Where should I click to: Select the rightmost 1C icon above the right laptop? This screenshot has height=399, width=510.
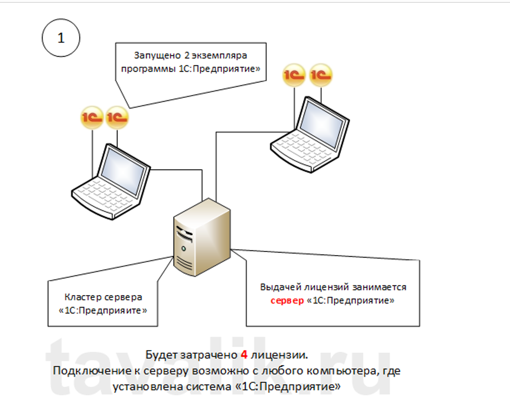pyautogui.click(x=320, y=76)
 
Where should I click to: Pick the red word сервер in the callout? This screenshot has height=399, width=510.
pyautogui.click(x=287, y=301)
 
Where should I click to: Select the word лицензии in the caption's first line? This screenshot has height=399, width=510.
pyautogui.click(x=278, y=355)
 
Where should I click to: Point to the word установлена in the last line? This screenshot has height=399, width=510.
pyautogui.click(x=141, y=387)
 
